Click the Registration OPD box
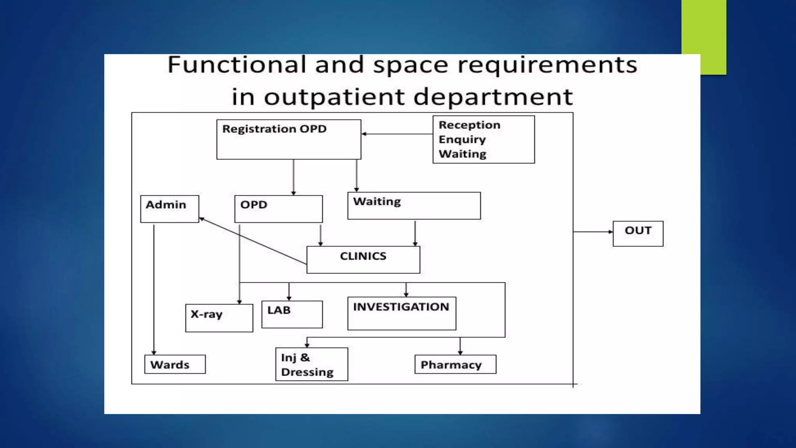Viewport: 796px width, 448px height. point(288,139)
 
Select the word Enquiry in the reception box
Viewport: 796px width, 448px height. point(462,139)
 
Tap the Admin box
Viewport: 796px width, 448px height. point(169,209)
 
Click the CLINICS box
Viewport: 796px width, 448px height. point(363,259)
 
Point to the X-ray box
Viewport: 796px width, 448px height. point(219,318)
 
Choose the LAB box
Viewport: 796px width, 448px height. point(292,314)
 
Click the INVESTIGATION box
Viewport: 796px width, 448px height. point(401,313)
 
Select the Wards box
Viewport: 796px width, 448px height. point(175,364)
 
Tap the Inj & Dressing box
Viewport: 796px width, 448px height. point(311,364)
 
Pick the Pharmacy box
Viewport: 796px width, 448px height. point(455,364)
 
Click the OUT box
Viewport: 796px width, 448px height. point(638,233)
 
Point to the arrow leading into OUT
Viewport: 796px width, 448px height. point(593,232)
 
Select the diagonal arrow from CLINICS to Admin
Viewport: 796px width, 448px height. point(253,241)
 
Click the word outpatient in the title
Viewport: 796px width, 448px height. point(334,96)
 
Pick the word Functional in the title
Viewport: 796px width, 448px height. point(237,65)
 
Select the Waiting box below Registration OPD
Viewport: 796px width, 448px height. point(414,206)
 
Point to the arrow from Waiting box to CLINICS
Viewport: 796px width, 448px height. point(415,233)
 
